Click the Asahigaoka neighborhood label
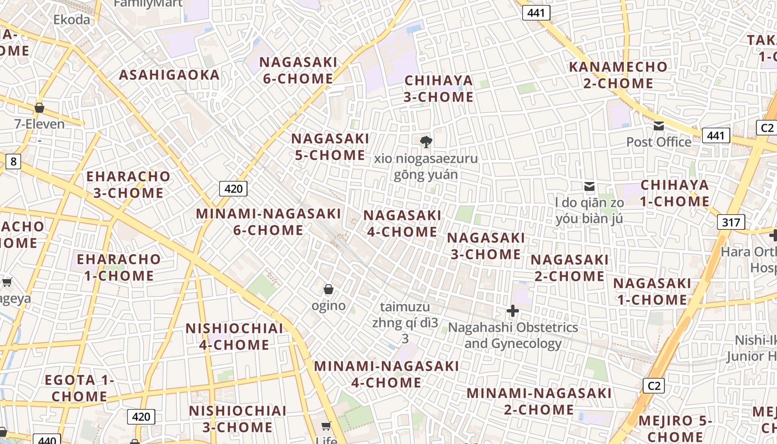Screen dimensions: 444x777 pos(169,75)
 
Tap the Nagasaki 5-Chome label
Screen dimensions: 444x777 pos(330,147)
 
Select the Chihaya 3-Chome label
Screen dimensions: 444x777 pos(438,89)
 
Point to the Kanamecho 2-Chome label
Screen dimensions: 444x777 pos(618,75)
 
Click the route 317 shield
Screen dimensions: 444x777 pos(731,223)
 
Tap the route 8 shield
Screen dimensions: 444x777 pos(13,162)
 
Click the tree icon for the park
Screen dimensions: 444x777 pos(426,142)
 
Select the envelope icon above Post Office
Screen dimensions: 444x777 pos(659,126)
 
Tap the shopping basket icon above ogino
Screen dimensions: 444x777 pos(329,289)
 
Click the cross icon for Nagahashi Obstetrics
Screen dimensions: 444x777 pos(513,311)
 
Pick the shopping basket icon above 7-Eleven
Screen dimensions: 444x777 pos(39,108)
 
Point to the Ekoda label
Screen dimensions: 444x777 pos(72,20)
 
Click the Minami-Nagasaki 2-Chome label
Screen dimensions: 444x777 pos(539,401)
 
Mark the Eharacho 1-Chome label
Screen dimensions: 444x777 pos(118,267)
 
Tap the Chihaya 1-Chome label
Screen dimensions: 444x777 pos(675,193)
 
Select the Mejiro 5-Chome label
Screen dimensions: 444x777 pos(675,428)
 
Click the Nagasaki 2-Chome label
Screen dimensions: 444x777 pos(569,268)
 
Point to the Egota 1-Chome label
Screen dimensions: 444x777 pos(79,389)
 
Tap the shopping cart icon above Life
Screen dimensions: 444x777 pos(326,426)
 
